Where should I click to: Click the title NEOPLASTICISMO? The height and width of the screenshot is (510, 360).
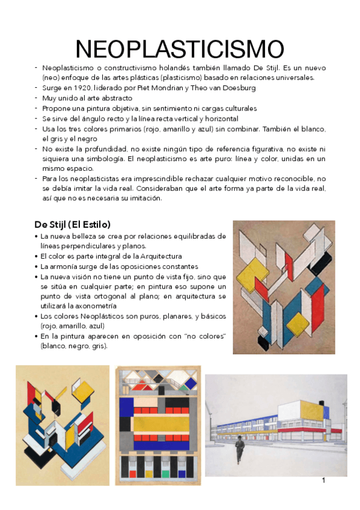pos(180,49)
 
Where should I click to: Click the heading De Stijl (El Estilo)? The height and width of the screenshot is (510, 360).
pos(72,224)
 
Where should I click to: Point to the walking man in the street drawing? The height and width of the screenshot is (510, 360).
pos(239,448)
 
